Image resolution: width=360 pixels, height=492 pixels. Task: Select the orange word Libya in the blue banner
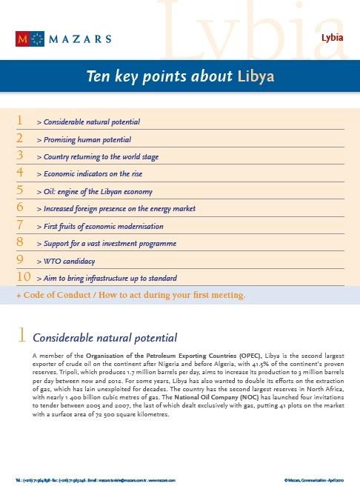coord(256,77)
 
